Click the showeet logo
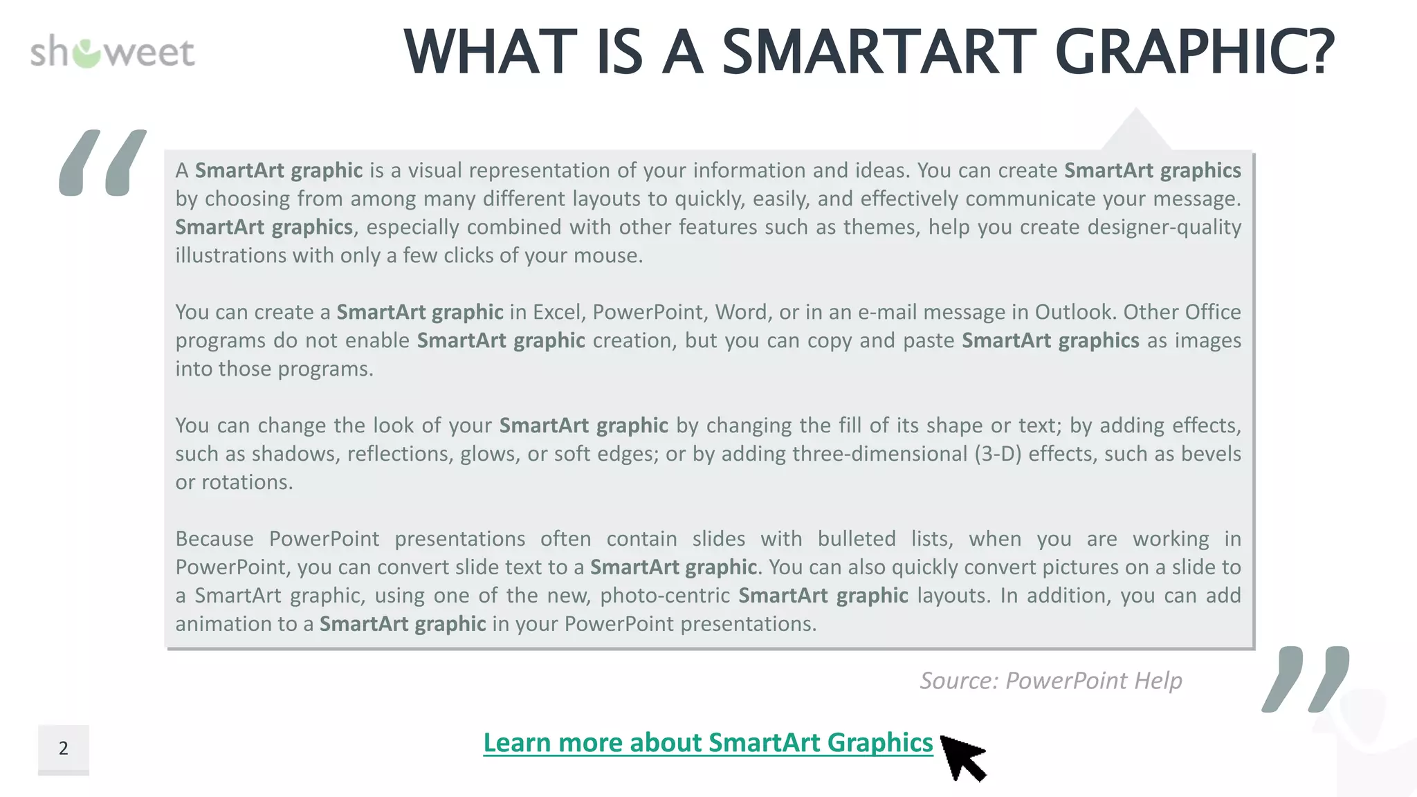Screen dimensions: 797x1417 click(x=112, y=53)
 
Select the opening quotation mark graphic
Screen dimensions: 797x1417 click(x=102, y=163)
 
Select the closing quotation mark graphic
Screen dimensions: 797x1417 click(x=1305, y=679)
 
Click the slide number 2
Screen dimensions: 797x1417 click(x=64, y=749)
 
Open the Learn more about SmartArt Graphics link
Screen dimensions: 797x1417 click(x=708, y=742)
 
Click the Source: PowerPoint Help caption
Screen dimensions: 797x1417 click(x=1050, y=681)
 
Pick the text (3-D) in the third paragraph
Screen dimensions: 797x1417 click(x=998, y=454)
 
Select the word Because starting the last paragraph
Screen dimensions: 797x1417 click(x=214, y=539)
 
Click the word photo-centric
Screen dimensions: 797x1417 click(x=665, y=596)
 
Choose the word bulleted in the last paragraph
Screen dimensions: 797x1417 click(x=857, y=539)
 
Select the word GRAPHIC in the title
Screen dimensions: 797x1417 click(x=1194, y=53)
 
